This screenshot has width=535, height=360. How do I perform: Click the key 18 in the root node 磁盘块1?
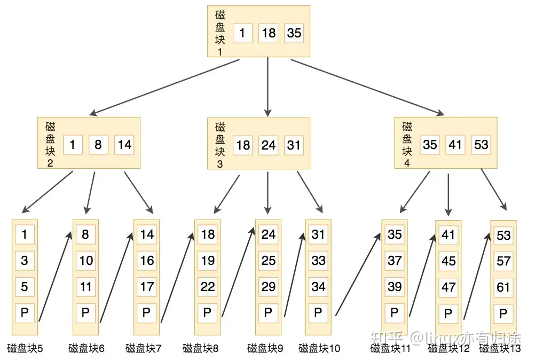coord(268,33)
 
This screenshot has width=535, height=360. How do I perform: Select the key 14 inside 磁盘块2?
coord(124,145)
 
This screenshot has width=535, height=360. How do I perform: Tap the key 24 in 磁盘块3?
coord(268,145)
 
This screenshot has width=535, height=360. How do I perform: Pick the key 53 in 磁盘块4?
coord(481,145)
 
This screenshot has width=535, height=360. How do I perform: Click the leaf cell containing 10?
coord(85,261)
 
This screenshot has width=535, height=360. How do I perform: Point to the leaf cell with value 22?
coord(208,287)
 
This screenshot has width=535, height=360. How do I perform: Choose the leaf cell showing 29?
coord(268,287)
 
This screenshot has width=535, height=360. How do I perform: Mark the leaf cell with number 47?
coord(449,287)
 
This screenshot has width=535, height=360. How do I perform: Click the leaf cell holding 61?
coord(503,287)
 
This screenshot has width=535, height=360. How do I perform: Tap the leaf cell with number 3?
coord(25,261)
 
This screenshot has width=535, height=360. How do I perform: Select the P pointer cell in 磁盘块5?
coord(25,312)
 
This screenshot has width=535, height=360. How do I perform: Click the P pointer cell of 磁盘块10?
coord(318,312)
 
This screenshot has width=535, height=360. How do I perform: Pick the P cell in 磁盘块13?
coord(503,313)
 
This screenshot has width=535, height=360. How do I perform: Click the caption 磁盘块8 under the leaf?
coord(200,348)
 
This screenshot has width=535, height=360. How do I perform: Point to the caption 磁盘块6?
coord(86,348)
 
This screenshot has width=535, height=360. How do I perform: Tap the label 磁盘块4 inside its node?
coord(407,145)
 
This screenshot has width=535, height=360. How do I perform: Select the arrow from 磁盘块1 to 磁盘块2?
coord(164,87)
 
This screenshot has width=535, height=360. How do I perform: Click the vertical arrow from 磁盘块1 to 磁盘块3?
coord(268,87)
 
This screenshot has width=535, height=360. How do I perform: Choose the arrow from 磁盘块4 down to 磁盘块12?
coord(449,195)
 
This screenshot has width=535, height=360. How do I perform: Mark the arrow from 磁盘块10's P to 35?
coord(358,274)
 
